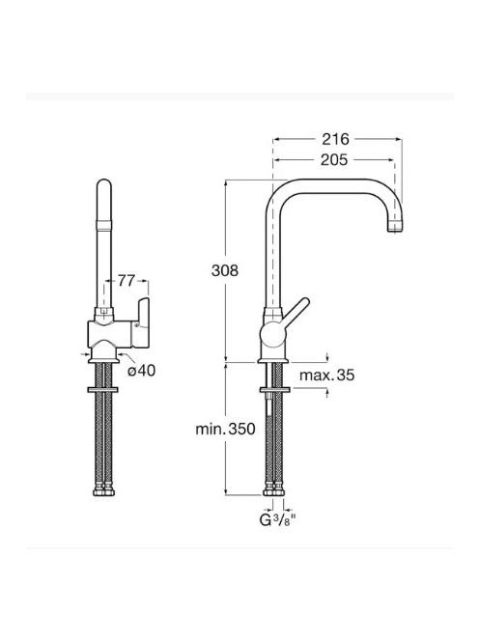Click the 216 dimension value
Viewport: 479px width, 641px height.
pos(335,139)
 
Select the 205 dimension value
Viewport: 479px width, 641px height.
pos(334,160)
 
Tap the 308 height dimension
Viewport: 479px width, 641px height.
pos(225,270)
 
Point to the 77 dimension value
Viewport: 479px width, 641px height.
pos(127,281)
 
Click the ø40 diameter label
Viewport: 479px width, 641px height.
pos(142,371)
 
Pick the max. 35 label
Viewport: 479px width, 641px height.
pos(326,375)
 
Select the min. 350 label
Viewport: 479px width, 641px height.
pos(225,429)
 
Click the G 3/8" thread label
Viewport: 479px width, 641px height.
pos(278,520)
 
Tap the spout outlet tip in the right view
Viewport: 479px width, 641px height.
pos(395,230)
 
